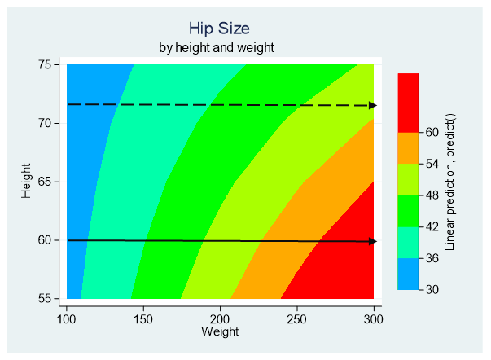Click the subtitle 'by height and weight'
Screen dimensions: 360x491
(216, 47)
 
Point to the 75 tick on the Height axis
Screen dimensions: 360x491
(45, 64)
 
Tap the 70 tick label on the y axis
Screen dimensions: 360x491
(45, 123)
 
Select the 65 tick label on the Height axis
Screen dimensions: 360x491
(45, 182)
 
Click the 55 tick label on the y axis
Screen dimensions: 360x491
(45, 299)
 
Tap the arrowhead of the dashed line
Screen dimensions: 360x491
(372, 105)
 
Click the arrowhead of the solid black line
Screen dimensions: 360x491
(372, 241)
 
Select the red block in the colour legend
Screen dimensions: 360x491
(408, 102)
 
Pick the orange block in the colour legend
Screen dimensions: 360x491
(408, 147)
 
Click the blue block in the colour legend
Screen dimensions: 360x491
(408, 274)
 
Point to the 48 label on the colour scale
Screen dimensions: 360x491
(432, 195)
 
